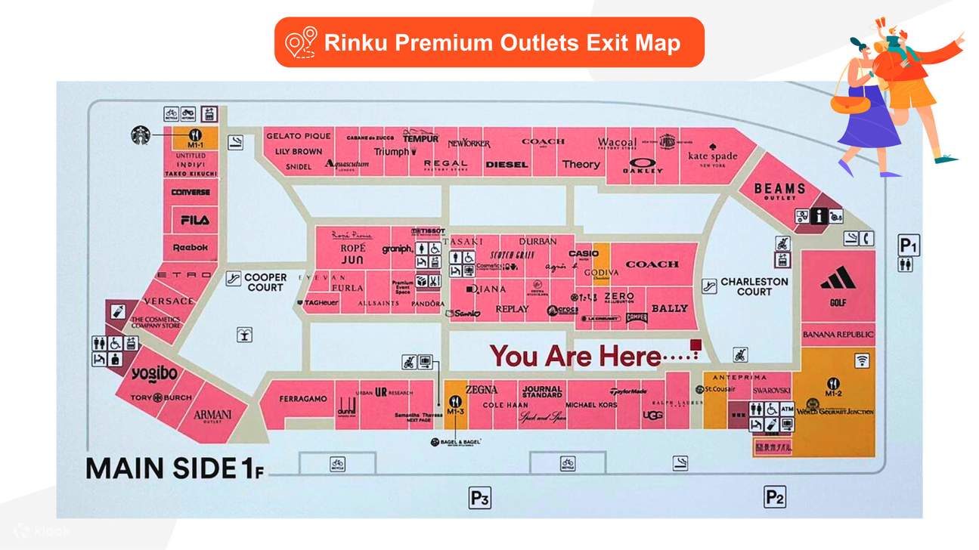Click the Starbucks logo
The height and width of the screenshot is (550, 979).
141,135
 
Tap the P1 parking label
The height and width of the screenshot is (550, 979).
908,245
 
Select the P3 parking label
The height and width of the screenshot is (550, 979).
480,498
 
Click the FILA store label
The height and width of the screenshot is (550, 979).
194,220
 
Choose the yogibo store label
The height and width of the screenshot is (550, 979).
153,373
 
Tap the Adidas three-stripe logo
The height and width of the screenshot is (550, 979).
838,280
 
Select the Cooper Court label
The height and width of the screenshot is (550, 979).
265,283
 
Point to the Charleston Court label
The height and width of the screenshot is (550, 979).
754,286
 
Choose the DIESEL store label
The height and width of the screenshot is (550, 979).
507,165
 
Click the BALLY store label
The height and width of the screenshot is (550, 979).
669,308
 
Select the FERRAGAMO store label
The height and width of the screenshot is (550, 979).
303,398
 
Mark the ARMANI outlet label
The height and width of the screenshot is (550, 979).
212,416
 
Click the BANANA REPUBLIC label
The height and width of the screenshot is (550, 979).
838,334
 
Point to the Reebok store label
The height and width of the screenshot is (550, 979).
191,248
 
